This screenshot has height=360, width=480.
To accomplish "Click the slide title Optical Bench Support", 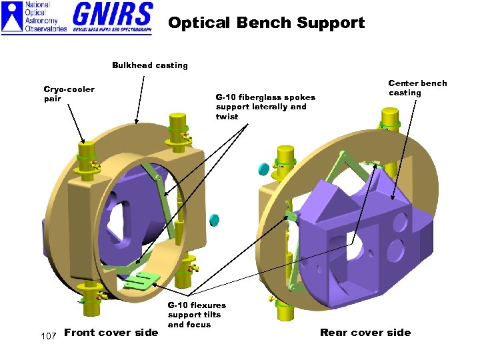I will tap(266, 23).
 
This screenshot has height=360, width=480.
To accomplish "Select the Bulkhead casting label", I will tap(149, 65).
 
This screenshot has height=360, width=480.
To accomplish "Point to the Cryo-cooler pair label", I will tap(69, 94).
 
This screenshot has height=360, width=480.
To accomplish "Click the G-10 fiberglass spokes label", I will tap(265, 107).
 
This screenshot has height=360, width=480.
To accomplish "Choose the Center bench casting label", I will tap(417, 88).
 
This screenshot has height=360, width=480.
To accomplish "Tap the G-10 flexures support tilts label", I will tap(197, 315).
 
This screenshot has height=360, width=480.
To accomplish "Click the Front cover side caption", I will tap(111, 333).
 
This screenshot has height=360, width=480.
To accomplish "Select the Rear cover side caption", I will tap(365, 333).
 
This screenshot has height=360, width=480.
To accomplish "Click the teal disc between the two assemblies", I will tap(215, 219).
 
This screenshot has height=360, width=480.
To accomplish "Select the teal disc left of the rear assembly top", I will tap(263, 169).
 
